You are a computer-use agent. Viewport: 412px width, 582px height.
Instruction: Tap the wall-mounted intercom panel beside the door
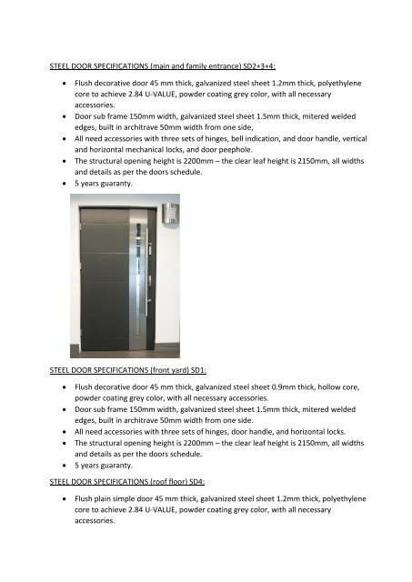(x=169, y=215)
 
